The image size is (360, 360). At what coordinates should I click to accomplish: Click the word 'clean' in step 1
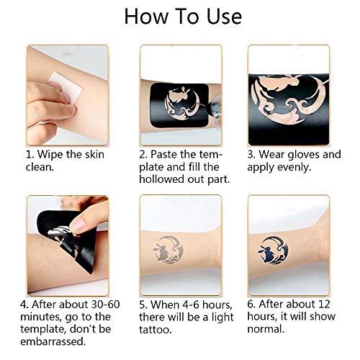pos(40,168)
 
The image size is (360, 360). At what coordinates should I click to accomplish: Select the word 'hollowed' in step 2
pos(165,181)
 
